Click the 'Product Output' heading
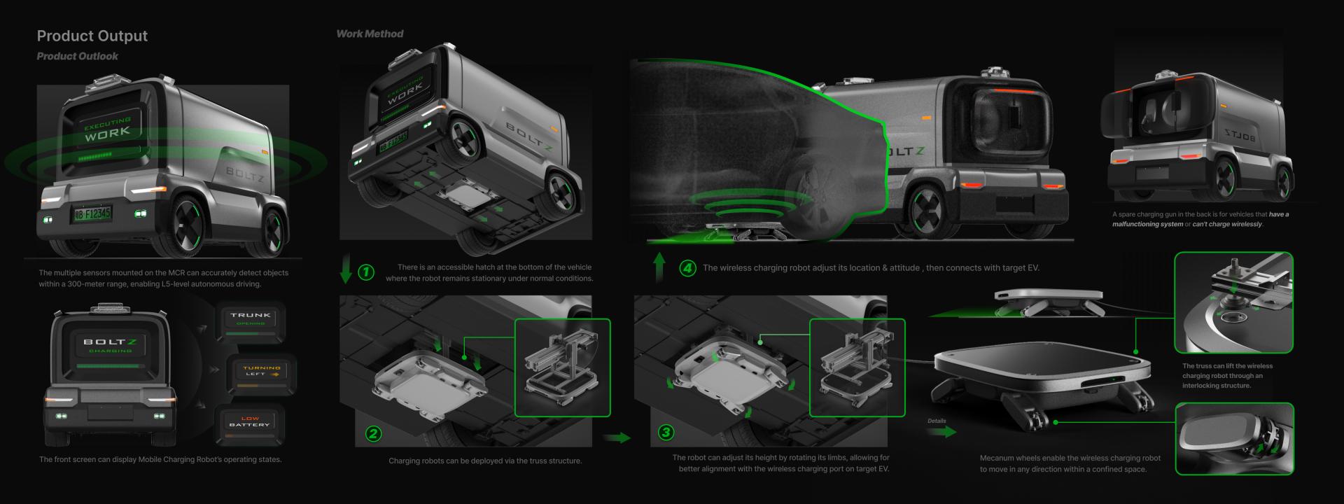click(92, 36)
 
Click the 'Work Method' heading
click(370, 34)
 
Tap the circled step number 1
click(366, 272)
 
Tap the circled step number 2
click(373, 433)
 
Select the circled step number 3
click(666, 432)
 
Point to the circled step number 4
click(687, 268)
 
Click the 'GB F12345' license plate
click(92, 213)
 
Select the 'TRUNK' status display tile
click(251, 318)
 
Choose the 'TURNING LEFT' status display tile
click(261, 371)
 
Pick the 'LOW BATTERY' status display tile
click(249, 422)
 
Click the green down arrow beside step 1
click(346, 270)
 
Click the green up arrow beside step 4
click(659, 267)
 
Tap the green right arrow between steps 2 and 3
click(616, 438)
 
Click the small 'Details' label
click(937, 421)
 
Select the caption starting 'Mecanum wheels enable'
click(1070, 463)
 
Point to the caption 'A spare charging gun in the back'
click(1200, 219)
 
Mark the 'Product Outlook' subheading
click(77, 56)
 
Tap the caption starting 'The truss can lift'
click(1227, 375)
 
